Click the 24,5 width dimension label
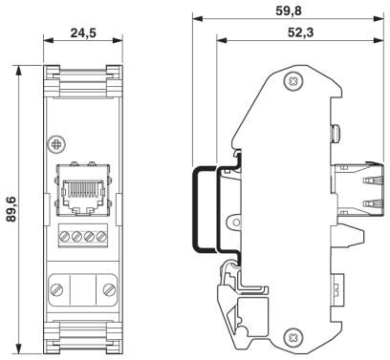[83, 32]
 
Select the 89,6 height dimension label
[11, 209]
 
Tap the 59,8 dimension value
[289, 11]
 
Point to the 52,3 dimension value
[300, 32]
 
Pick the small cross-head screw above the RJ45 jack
[56, 145]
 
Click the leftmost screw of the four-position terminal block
[65, 236]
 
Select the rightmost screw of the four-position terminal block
[101, 236]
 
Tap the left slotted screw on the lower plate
[56, 289]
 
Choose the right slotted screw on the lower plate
[109, 289]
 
